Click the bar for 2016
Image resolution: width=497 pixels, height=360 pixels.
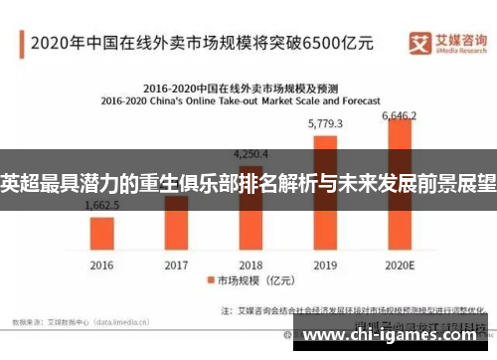[x=102, y=232]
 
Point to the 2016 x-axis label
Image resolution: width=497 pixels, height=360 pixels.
[x=102, y=266]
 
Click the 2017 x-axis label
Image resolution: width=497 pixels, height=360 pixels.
[x=176, y=266]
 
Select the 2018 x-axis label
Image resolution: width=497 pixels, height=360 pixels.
[x=250, y=266]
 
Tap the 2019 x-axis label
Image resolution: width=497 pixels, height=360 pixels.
[x=326, y=266]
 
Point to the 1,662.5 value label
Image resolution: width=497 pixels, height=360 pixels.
[x=101, y=205]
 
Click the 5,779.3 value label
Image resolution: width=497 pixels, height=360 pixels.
[x=325, y=124]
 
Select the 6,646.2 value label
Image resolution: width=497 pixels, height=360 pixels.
[x=401, y=115]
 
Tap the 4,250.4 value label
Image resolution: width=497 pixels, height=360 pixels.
[x=250, y=154]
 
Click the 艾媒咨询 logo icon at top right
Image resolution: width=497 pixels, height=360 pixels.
[x=419, y=41]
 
